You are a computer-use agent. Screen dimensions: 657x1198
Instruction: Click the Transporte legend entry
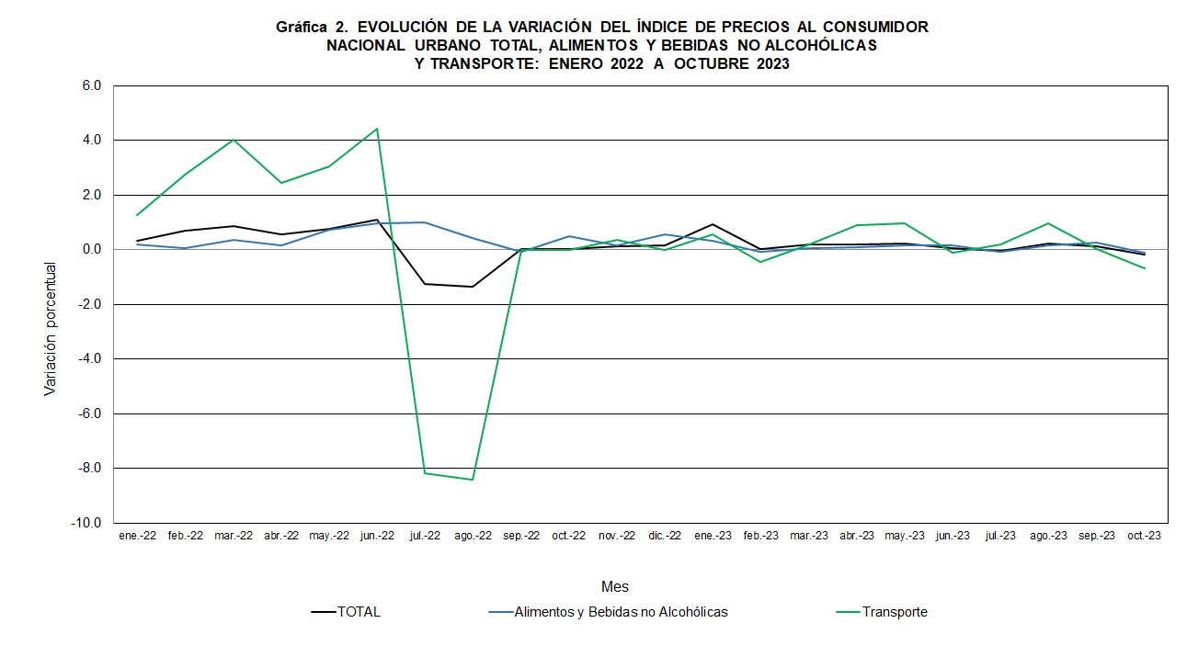894,612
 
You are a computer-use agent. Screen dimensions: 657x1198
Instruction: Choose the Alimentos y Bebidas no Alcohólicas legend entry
621,612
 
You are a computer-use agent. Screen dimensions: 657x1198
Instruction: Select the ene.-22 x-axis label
137,536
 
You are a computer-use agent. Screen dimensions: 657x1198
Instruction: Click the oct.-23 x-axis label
1144,536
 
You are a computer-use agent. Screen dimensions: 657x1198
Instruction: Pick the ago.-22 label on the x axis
473,536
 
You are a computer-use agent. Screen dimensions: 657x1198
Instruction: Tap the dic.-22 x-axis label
665,536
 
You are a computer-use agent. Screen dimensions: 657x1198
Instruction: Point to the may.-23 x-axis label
905,536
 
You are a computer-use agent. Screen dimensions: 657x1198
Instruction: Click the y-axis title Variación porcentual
51,329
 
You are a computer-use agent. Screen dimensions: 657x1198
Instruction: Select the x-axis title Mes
615,586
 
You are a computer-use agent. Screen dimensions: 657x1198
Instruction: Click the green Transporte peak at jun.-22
377,129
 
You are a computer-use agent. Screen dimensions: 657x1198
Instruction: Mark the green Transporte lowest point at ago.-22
473,480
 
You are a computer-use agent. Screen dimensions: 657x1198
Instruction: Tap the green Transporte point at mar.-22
234,140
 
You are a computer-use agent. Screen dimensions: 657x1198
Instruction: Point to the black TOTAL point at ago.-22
473,287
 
